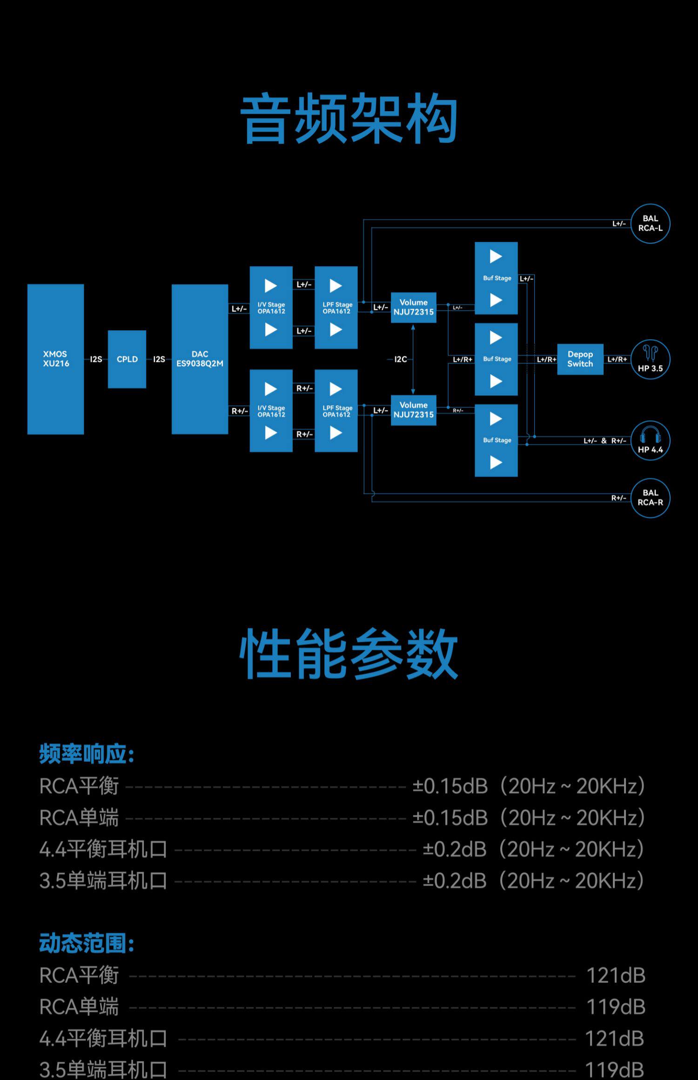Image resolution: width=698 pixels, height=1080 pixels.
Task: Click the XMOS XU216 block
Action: point(55,359)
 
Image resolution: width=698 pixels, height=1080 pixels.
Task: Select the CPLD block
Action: point(127,359)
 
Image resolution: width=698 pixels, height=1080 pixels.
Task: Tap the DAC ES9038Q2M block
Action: point(200,359)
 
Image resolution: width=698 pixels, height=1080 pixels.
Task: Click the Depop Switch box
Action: point(580,359)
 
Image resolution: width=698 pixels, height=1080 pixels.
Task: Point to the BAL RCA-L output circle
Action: point(650,224)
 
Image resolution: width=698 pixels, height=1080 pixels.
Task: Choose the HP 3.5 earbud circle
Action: point(650,359)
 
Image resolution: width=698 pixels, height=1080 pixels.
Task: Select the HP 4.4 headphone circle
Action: point(650,440)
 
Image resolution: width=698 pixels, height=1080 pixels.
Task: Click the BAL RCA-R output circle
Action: point(650,498)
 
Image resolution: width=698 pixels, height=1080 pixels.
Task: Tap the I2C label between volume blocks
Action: point(400,359)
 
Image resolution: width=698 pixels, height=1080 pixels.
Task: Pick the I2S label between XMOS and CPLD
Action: point(96,359)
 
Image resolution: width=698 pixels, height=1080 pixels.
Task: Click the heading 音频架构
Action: point(349,119)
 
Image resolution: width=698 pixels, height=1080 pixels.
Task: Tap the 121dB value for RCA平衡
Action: point(615,976)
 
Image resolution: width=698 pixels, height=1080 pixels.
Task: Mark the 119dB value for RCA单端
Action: point(615,1007)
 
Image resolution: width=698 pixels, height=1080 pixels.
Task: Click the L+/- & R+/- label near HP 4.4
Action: point(605,440)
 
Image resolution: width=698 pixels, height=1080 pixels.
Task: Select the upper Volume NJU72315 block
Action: point(413,307)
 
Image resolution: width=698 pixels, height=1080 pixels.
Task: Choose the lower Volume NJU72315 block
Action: point(413,410)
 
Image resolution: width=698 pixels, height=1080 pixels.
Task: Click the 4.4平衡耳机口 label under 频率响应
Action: point(103,849)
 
